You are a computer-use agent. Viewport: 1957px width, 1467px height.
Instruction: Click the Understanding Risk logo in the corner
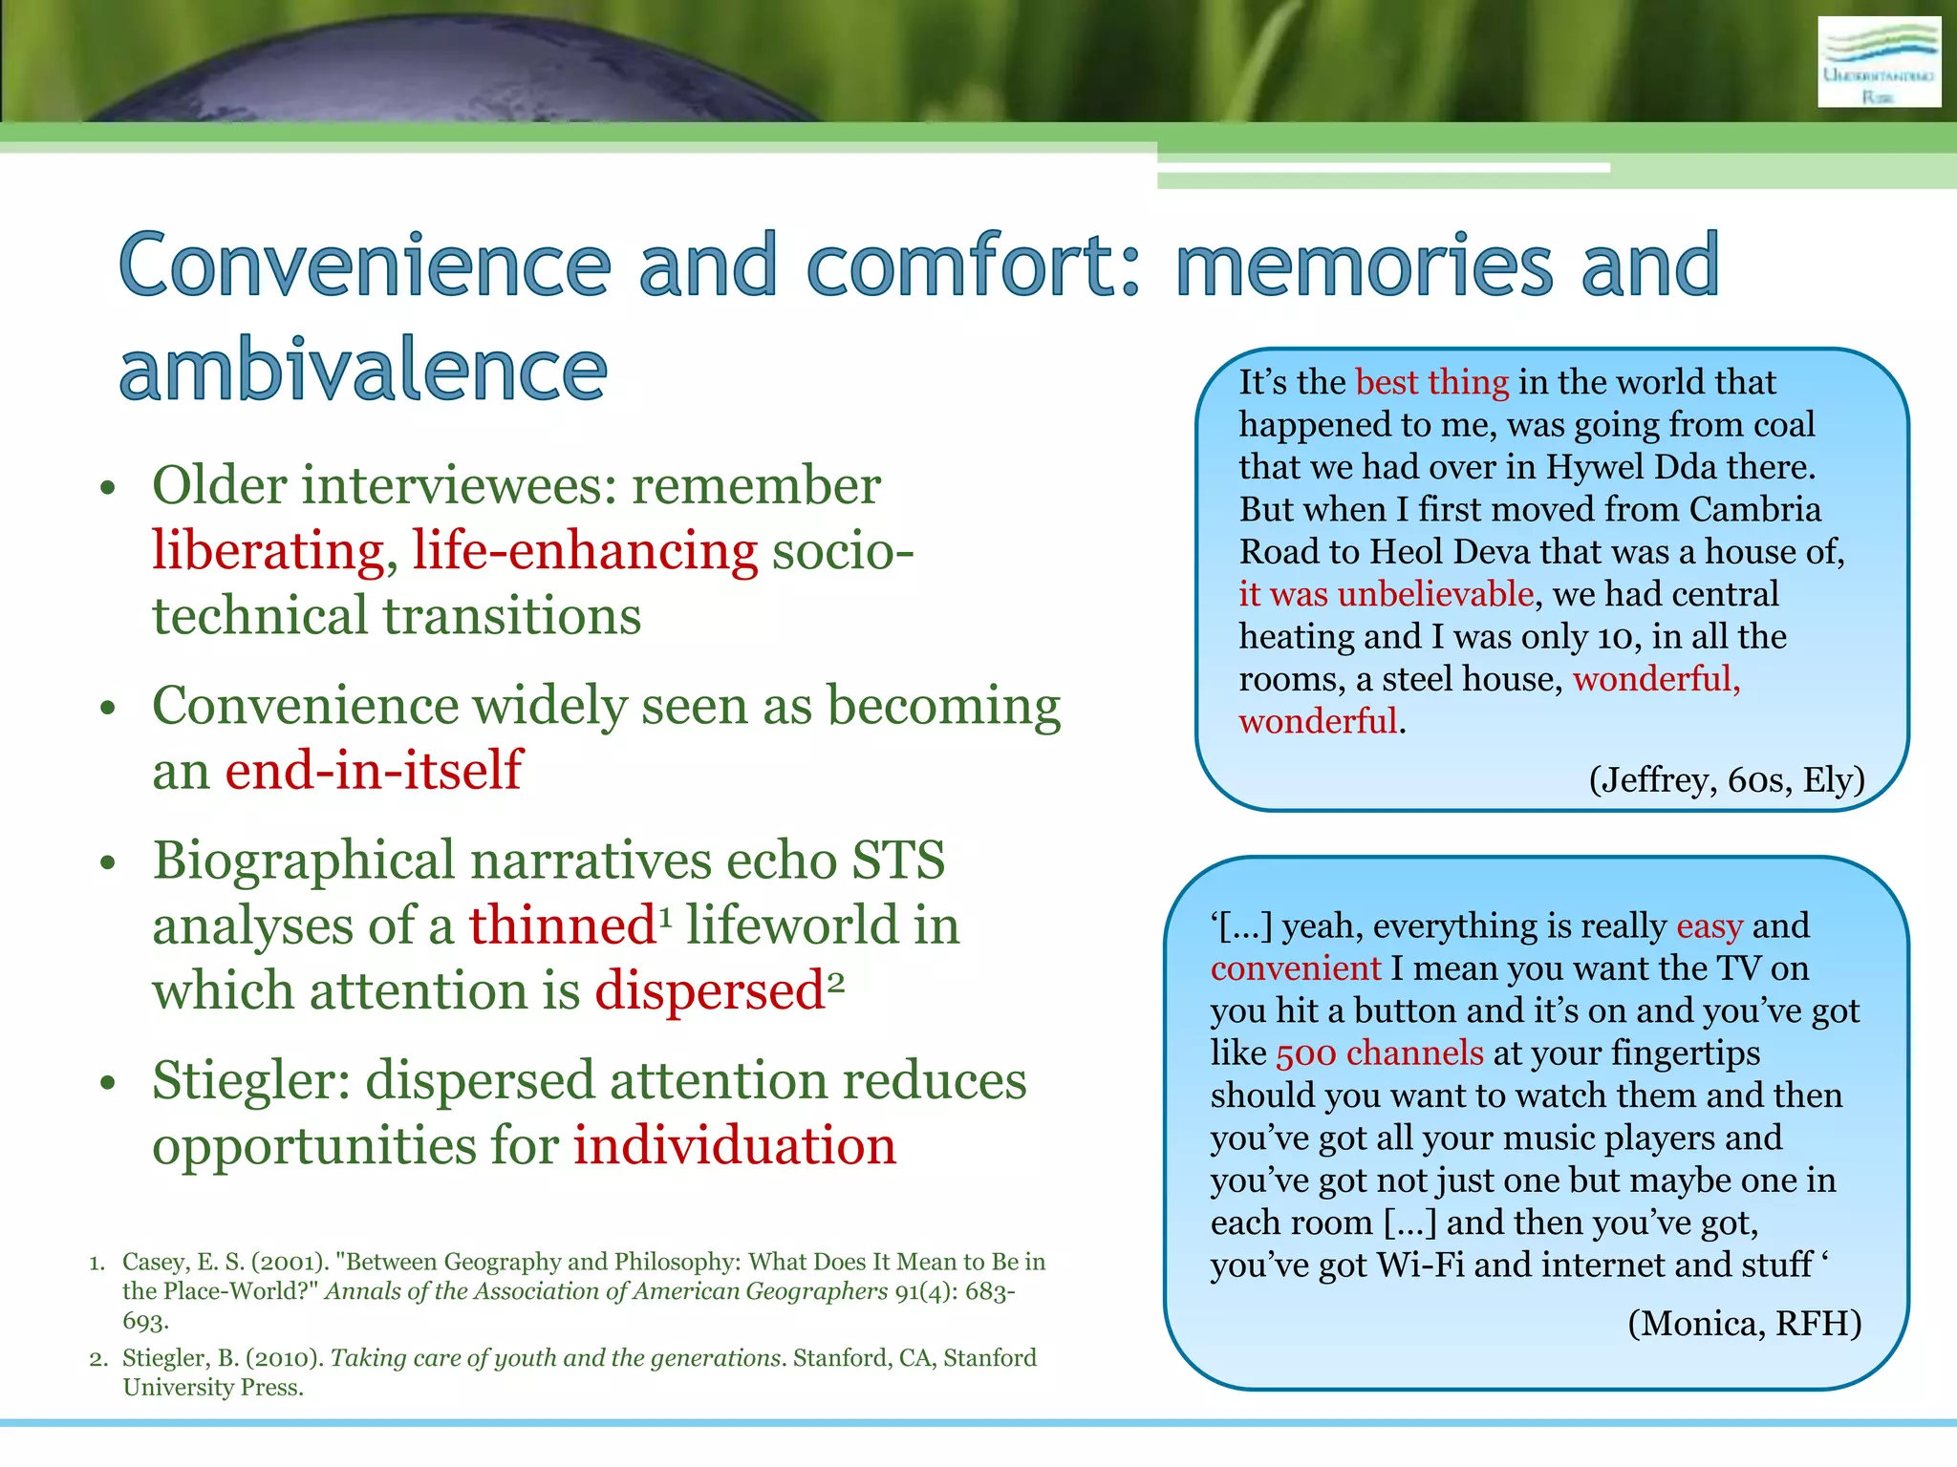pos(1878,63)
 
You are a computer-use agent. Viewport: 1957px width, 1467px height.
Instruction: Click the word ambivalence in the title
pos(363,371)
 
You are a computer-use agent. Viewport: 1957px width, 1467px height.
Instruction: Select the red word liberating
pos(268,552)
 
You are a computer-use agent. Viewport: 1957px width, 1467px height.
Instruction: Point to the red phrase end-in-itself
pos(374,770)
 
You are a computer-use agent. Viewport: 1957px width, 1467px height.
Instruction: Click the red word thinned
pos(562,925)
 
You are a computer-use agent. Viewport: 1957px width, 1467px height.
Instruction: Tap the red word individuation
pos(734,1145)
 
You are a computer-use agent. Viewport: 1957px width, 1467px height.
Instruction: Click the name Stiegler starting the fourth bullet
pos(250,1081)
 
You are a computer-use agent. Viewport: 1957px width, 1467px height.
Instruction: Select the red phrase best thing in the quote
pos(1431,382)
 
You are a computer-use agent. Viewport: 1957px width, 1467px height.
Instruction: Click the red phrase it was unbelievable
pos(1386,594)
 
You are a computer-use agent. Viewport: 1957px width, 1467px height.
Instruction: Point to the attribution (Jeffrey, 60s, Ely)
pos(1726,780)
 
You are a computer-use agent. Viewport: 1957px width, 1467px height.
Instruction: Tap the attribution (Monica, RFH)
pos(1744,1323)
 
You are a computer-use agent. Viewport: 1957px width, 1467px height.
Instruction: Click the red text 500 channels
pos(1379,1053)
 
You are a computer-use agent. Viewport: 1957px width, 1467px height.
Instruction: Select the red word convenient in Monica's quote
pos(1295,968)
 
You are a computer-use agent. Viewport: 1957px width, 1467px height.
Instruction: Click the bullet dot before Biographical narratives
pos(108,863)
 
